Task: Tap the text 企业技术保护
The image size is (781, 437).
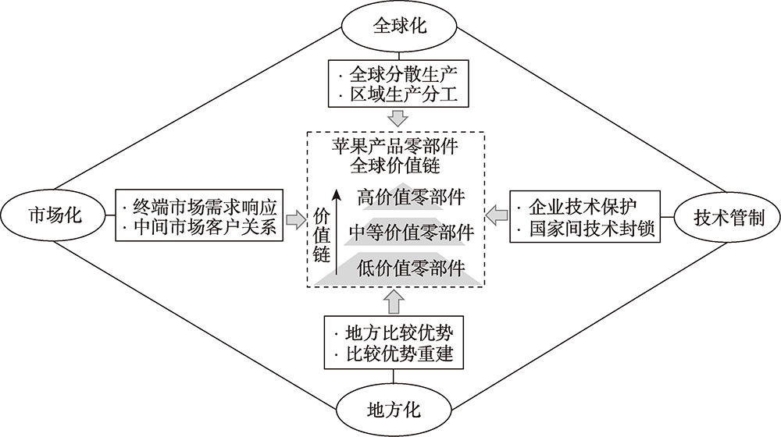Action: click(x=584, y=207)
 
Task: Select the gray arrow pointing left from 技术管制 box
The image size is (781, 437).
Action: click(x=497, y=212)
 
